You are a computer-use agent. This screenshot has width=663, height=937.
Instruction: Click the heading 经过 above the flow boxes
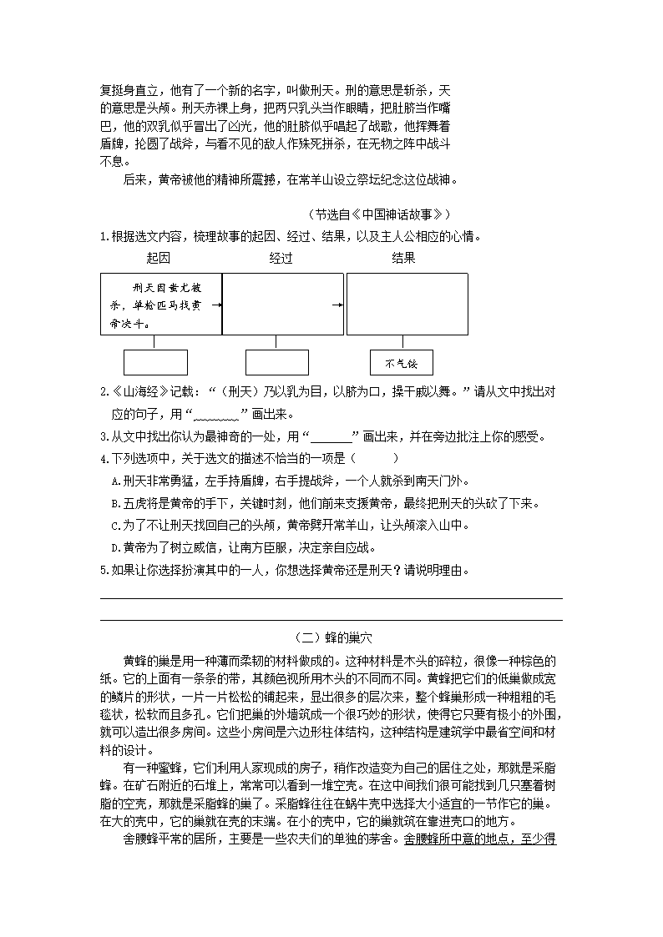pos(281,258)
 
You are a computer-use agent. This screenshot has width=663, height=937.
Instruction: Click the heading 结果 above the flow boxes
pos(403,258)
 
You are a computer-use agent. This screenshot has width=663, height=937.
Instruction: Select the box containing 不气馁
pos(402,363)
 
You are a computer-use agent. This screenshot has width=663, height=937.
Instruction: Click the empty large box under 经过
pos(282,305)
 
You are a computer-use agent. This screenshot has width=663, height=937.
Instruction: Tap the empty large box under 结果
pos(407,305)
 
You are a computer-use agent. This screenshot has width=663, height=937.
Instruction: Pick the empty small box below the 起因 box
pos(155,363)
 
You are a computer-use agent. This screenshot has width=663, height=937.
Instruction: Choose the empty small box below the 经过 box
pos(277,363)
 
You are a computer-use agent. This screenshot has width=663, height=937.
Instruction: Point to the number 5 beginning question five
pos(104,571)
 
